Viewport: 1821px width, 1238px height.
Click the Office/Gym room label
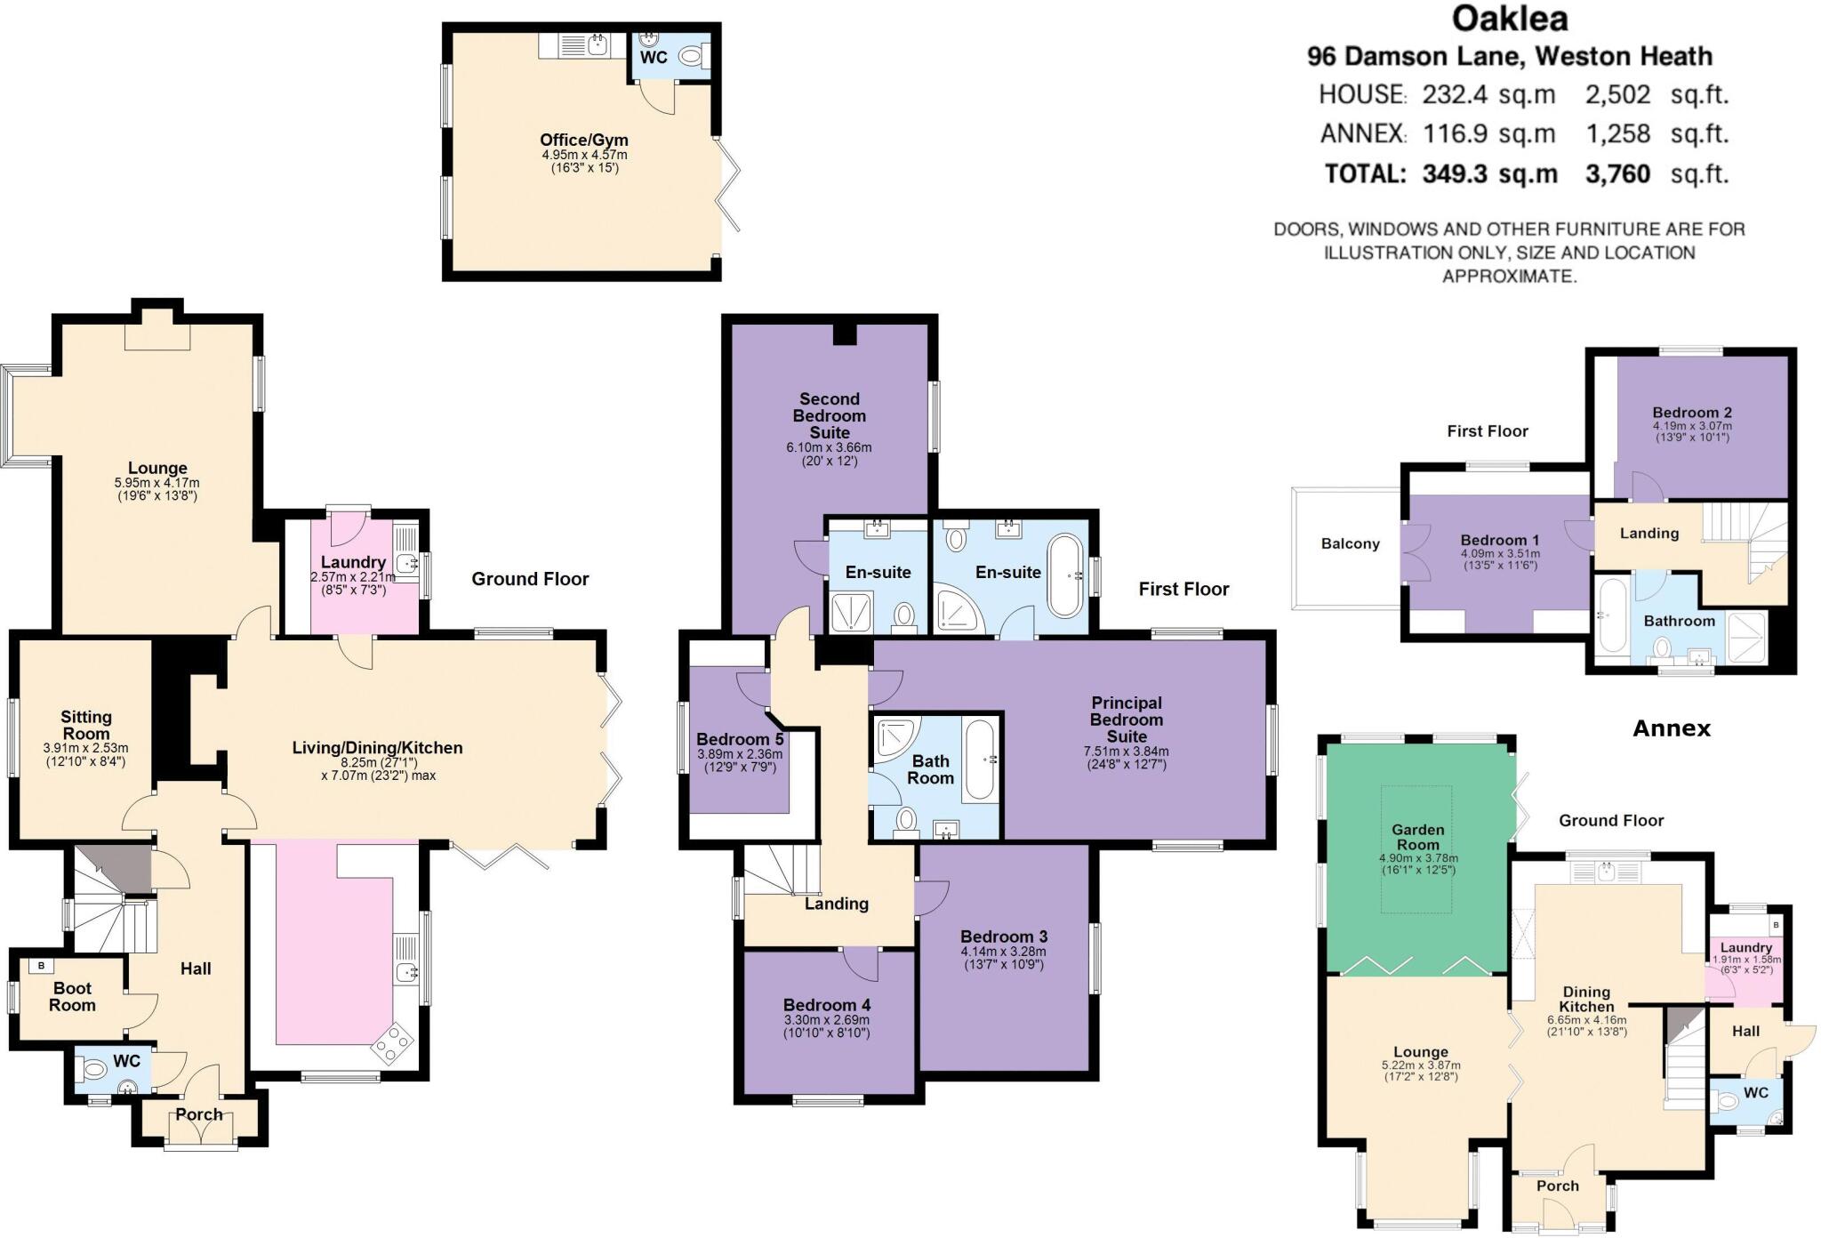coord(584,140)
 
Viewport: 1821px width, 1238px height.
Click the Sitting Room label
coord(86,725)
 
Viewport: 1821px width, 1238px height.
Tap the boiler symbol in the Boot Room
coord(41,966)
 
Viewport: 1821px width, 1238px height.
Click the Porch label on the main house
coord(199,1114)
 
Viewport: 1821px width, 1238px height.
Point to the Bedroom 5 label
coord(740,739)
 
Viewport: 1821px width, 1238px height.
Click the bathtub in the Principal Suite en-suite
coord(1064,575)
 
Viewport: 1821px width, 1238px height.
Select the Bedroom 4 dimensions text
coord(826,1026)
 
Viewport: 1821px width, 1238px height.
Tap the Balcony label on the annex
coord(1350,543)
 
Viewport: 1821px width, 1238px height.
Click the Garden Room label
coord(1418,837)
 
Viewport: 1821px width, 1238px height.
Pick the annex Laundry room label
coord(1745,948)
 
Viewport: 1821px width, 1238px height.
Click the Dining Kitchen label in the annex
coord(1586,999)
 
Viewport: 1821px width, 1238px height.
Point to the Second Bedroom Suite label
coord(830,415)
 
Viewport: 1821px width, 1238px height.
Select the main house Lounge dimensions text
coord(157,489)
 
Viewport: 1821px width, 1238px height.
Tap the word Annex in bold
coord(1672,728)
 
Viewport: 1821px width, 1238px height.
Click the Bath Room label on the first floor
coord(930,769)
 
